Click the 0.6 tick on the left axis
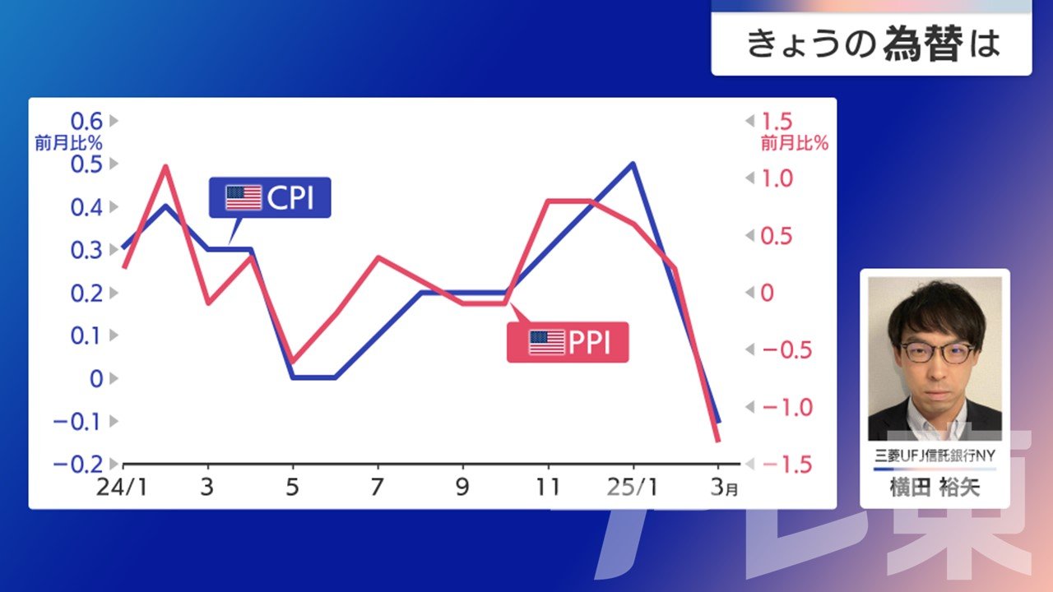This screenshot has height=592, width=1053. (x=86, y=121)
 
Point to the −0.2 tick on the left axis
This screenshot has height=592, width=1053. (x=78, y=465)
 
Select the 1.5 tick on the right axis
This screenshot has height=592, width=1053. (x=777, y=122)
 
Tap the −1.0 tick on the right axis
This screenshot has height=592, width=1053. (x=787, y=407)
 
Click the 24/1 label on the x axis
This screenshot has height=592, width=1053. (x=122, y=488)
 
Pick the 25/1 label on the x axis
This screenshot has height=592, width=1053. (x=633, y=488)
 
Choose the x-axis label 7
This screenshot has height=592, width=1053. (x=377, y=488)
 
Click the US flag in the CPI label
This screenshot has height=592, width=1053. (x=244, y=197)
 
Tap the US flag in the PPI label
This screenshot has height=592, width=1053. (x=546, y=342)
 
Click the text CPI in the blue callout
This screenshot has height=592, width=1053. (x=290, y=197)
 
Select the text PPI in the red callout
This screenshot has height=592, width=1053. (x=590, y=342)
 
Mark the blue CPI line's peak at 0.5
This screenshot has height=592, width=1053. (x=633, y=164)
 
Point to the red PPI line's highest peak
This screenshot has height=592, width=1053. (x=165, y=166)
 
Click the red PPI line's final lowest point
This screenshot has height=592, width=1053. (x=718, y=441)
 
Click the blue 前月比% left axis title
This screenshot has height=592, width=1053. (x=68, y=143)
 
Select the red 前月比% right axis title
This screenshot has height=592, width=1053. (x=795, y=143)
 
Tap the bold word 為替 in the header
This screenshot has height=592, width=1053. (x=923, y=44)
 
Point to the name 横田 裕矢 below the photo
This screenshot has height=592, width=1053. (x=935, y=488)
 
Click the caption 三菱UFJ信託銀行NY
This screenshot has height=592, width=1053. (x=935, y=456)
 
